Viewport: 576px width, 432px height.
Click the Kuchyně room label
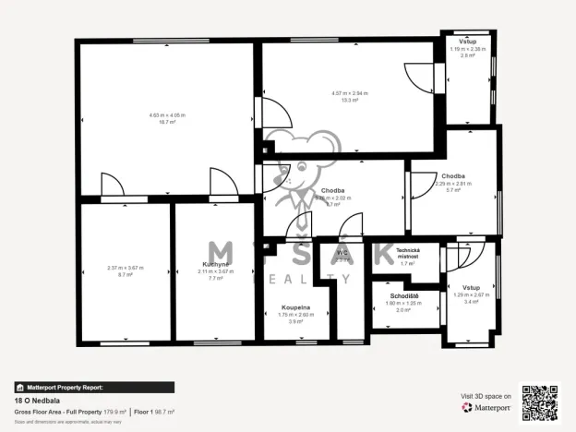click(216, 264)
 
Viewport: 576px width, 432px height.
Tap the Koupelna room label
click(295, 307)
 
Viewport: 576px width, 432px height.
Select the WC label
click(342, 252)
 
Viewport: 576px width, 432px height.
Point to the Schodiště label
click(404, 296)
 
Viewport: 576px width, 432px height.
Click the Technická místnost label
click(408, 254)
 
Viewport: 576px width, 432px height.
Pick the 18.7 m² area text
click(167, 122)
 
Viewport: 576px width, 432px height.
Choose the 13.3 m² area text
click(350, 100)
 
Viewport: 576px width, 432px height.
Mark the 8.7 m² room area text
click(126, 275)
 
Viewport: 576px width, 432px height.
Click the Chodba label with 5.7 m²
click(452, 176)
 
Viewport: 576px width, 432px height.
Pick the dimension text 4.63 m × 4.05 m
click(167, 115)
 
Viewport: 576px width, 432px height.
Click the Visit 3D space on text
click(486, 395)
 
